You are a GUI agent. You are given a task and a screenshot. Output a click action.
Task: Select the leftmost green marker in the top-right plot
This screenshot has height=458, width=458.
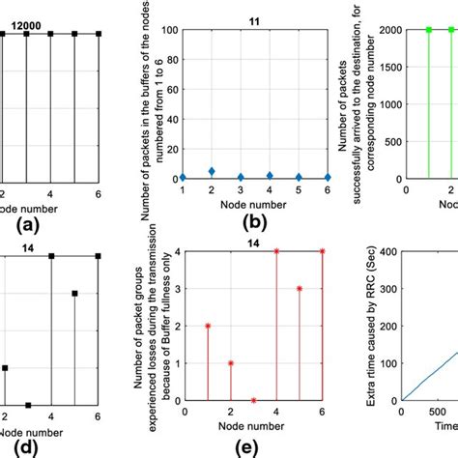pos(428,30)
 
